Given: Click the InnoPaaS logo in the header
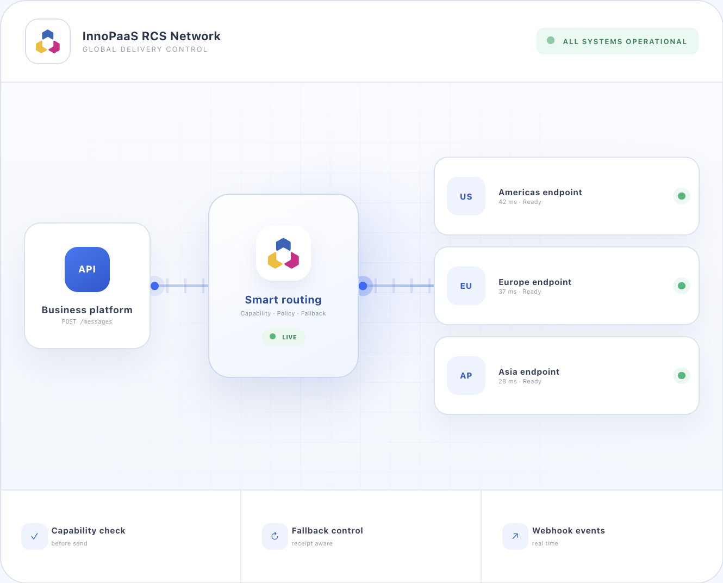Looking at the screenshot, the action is [x=48, y=41].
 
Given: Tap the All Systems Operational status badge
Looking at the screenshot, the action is [x=617, y=41].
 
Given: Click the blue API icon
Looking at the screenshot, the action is [x=87, y=269].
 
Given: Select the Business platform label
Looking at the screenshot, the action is [x=87, y=309].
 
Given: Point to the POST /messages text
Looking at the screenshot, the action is [x=87, y=321].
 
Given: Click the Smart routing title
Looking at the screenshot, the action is [x=283, y=300].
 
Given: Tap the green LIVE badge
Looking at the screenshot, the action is [x=283, y=337].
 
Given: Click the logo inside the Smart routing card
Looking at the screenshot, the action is [x=283, y=253].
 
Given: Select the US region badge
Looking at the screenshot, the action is [x=466, y=196].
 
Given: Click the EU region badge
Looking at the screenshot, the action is [x=466, y=286].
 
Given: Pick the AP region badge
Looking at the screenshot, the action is [x=466, y=376].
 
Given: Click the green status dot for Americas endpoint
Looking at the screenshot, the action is [x=681, y=196].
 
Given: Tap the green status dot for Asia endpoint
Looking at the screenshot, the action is [x=681, y=376].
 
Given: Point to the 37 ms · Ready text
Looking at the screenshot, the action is [x=520, y=291].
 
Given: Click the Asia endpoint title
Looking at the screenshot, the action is [x=529, y=371].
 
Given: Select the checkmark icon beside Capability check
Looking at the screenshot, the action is [x=34, y=536].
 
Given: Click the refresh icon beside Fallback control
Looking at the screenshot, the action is [x=275, y=536].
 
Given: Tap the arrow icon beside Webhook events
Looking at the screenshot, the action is [x=515, y=536].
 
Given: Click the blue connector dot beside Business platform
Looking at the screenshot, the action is [x=154, y=286].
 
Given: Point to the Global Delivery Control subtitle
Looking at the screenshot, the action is [x=145, y=49].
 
